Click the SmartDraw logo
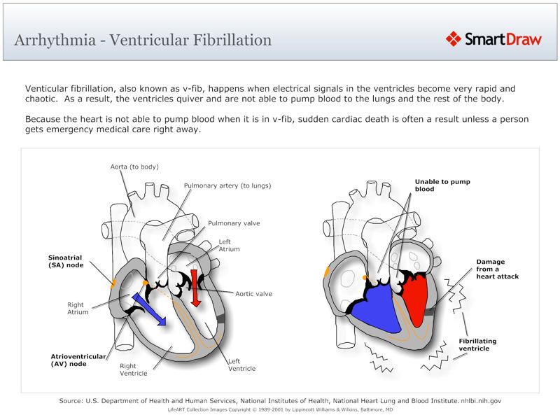click(494, 39)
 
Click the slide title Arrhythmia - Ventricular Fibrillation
click(143, 40)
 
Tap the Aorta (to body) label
click(134, 167)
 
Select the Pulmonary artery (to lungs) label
click(227, 185)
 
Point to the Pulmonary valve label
click(234, 223)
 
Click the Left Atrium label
click(229, 246)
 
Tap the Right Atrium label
click(77, 308)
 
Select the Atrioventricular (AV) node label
click(78, 360)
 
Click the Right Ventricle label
click(133, 370)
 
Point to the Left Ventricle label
click(241, 365)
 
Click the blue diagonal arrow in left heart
click(148, 309)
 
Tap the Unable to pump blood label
click(442, 185)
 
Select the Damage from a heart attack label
click(497, 269)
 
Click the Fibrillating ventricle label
click(477, 344)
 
